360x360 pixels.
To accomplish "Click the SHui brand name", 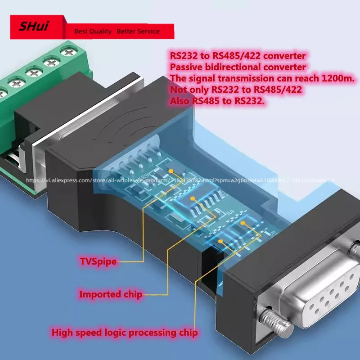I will (x=33, y=26).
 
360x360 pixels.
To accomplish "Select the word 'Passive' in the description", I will (x=186, y=67).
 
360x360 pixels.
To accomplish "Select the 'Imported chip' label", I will (x=111, y=295).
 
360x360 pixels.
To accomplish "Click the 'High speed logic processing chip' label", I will (x=124, y=333).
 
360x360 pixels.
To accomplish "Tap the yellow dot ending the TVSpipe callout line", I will (x=172, y=171).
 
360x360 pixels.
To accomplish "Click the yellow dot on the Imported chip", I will (x=193, y=198).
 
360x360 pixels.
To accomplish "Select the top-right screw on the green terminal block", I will (x=68, y=52).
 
